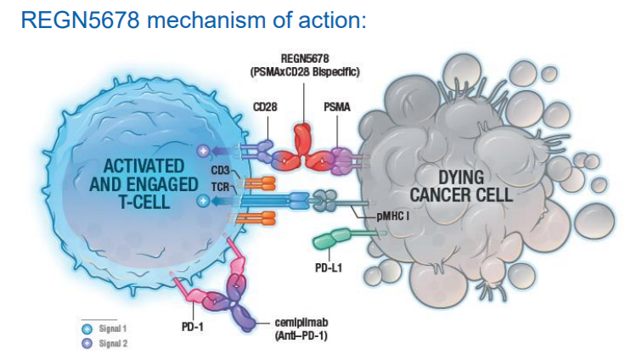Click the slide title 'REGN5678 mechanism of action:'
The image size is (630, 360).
click(x=194, y=20)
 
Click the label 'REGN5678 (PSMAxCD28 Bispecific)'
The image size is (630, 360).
click(x=305, y=66)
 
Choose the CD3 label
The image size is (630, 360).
click(x=222, y=172)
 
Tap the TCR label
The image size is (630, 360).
click(x=220, y=185)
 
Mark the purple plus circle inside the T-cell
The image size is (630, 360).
click(x=203, y=151)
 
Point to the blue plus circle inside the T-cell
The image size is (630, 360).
click(x=203, y=201)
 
